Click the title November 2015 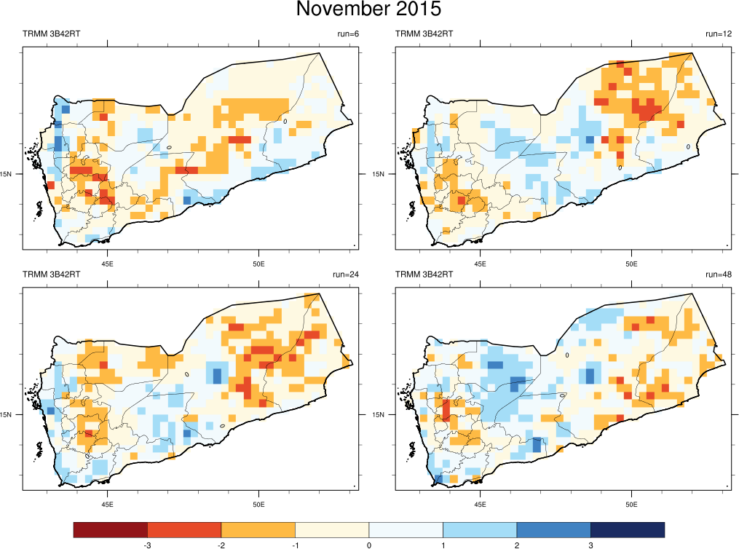[x=369, y=10]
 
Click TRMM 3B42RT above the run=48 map [x=424, y=274]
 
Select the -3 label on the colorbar [x=147, y=545]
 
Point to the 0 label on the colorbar [x=369, y=545]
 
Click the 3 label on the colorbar [x=590, y=545]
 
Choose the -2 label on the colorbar [x=221, y=545]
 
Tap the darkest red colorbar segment [x=111, y=529]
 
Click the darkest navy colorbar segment [x=628, y=529]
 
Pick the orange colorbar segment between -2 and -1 [x=258, y=529]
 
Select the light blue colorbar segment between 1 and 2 [x=480, y=529]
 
